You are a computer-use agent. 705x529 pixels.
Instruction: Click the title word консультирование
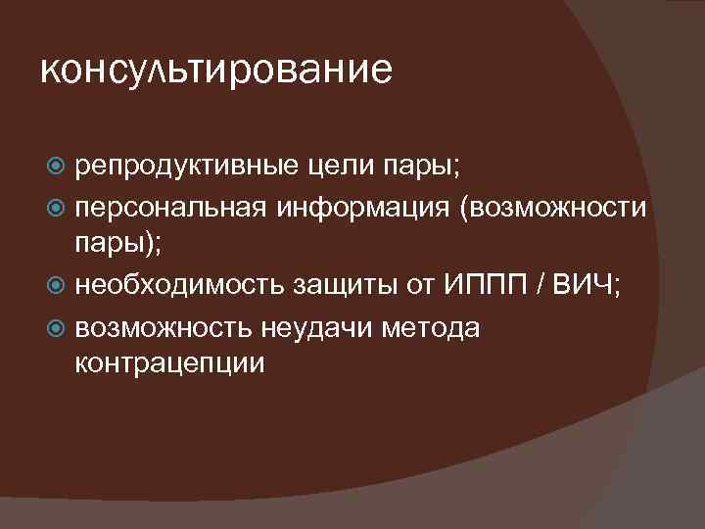[x=216, y=70]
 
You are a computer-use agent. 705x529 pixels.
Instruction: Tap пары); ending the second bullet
[x=114, y=242]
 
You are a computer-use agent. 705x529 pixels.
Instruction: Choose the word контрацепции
[x=168, y=362]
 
